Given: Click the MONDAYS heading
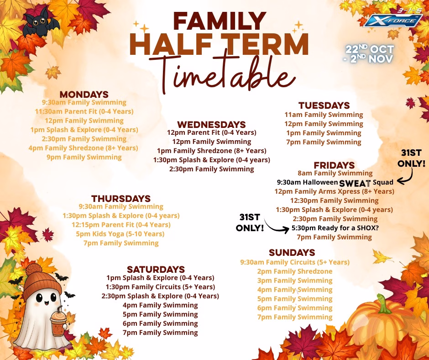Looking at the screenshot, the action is click(84, 95).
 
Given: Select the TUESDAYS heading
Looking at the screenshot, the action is click(324, 106).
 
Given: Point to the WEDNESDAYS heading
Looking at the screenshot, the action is click(211, 125).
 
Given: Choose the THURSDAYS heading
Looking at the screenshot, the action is click(121, 199).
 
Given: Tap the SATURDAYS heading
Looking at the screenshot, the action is click(156, 270).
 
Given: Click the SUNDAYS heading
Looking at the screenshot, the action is click(292, 252).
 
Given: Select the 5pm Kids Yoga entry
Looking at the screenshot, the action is click(120, 234).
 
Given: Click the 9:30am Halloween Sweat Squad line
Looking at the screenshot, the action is click(335, 182).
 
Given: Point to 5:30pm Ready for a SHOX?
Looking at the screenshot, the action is click(335, 228).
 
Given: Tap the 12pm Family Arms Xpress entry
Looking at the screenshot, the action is click(335, 191).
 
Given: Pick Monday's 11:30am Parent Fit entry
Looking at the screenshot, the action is click(84, 111).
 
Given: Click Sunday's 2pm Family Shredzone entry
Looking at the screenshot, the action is click(295, 271).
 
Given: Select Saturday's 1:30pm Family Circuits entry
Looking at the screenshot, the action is click(160, 287).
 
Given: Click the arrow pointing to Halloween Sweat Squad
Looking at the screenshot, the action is click(407, 176).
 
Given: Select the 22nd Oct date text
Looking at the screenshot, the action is click(370, 49).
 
